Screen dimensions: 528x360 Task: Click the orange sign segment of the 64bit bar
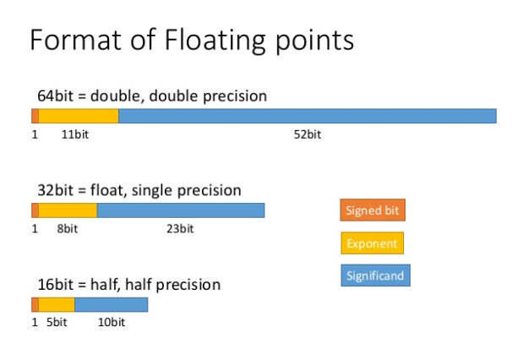[x=35, y=116]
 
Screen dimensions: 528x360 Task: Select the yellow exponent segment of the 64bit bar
[x=79, y=116]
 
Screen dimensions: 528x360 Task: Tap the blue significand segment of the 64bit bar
[x=308, y=116]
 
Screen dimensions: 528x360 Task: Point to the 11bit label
[x=75, y=134]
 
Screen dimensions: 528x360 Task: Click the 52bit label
[x=308, y=134]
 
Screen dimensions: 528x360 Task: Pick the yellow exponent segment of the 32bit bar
[x=68, y=210]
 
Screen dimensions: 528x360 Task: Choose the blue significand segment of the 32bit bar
[x=181, y=210]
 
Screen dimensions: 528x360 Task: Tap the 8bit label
[x=68, y=229]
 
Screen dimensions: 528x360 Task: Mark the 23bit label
[x=180, y=229]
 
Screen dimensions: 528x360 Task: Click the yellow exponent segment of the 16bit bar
[x=57, y=304]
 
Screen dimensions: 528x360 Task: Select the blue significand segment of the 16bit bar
[x=112, y=304]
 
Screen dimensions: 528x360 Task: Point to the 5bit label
[x=57, y=322]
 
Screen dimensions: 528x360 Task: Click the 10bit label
[x=112, y=322]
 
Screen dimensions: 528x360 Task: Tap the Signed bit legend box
[x=373, y=210]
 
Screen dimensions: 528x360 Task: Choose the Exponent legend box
[x=372, y=243]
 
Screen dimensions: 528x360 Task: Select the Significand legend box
[x=375, y=275]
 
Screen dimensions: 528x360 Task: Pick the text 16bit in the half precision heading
[x=55, y=285]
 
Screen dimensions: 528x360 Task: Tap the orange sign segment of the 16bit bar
[x=35, y=304]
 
